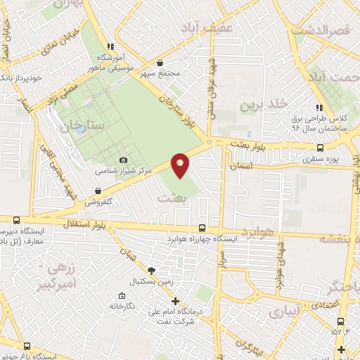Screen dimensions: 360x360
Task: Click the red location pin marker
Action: tap(181, 165)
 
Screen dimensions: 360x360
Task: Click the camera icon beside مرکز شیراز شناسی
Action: tap(124, 160)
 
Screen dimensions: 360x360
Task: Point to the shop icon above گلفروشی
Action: tap(97, 191)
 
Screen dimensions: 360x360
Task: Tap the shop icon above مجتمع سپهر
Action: tap(161, 62)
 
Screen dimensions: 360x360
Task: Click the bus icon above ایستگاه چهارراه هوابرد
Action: tap(202, 229)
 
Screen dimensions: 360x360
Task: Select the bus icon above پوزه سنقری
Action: tap(321, 148)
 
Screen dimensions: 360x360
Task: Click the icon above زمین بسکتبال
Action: tap(150, 271)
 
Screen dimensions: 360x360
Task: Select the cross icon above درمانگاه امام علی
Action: tap(175, 300)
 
